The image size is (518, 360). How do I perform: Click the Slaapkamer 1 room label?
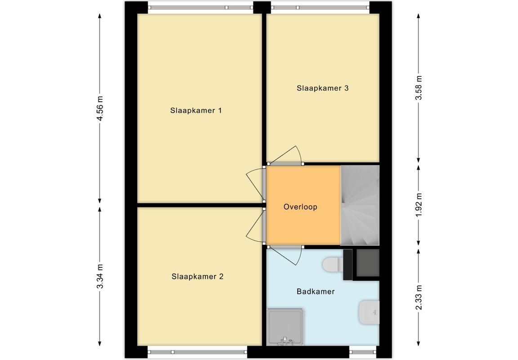click(x=196, y=110)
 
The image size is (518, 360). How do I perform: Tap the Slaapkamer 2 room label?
click(x=197, y=276)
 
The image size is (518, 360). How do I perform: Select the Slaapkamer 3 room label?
click(x=322, y=88)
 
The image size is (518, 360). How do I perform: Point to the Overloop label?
click(x=300, y=207)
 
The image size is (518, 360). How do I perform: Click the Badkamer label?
click(x=316, y=292)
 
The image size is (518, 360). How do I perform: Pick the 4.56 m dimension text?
click(x=100, y=108)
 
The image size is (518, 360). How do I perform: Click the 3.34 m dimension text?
click(x=100, y=276)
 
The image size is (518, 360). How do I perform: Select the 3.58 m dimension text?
click(x=419, y=88)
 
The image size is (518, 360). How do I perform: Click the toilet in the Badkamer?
click(x=333, y=265)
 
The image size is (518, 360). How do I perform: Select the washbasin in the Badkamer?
click(x=369, y=312)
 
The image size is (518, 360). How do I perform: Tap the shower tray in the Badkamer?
click(x=285, y=327)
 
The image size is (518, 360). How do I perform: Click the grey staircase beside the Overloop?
click(x=360, y=205)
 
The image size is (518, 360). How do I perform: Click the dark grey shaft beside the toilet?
click(x=367, y=263)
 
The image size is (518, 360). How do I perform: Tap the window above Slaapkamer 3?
click(x=320, y=7)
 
